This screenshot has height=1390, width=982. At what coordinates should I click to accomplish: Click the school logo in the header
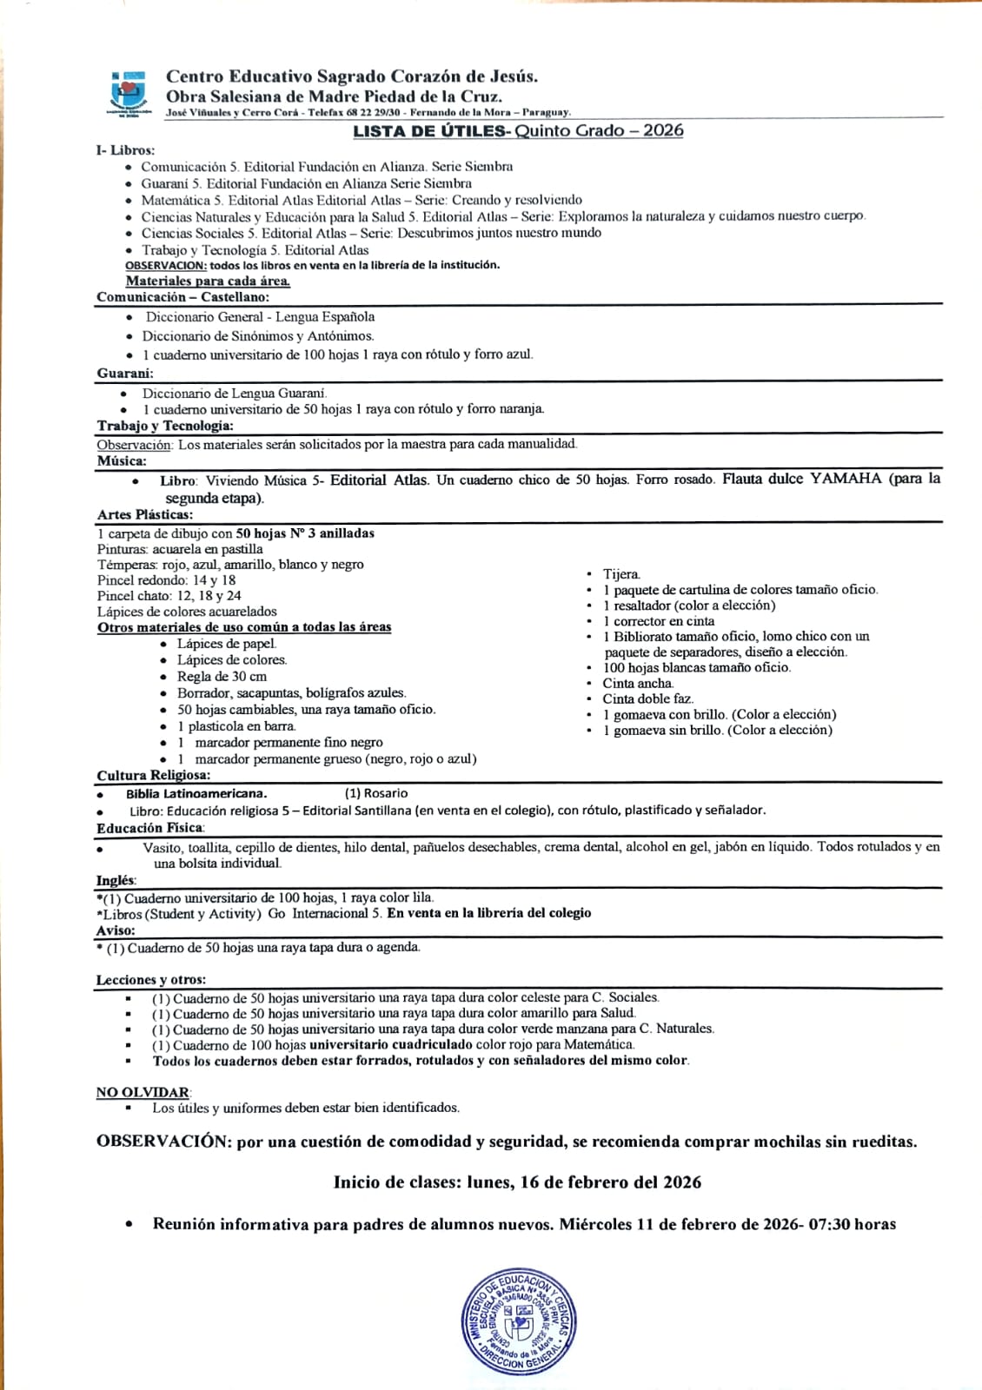pos(129,93)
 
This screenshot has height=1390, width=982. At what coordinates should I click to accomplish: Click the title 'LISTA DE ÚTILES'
pos(429,131)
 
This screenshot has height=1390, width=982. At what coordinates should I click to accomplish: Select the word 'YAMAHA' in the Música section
pos(846,479)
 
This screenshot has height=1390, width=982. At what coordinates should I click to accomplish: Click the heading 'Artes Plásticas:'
pos(145,515)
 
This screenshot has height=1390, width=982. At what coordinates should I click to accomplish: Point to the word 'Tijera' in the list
pos(621,574)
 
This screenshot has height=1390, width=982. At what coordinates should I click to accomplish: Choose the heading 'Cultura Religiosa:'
pos(153,775)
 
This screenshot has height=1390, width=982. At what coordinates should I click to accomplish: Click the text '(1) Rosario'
pos(376,793)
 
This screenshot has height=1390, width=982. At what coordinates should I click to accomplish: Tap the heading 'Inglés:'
pos(116,880)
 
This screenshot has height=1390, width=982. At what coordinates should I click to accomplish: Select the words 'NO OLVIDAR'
pos(143,1092)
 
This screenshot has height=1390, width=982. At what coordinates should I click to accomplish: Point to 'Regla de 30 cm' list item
pos(222,677)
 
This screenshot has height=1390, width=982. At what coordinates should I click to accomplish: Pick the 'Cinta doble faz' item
pos(647,698)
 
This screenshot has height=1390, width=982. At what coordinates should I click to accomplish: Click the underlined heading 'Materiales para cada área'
pos(208,281)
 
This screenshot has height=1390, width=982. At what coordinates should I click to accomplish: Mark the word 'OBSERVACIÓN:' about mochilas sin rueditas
pos(161,1142)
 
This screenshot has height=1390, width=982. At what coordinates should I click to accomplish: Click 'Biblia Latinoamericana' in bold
pos(196,793)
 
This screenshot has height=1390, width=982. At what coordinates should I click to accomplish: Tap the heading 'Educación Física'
pos(149,828)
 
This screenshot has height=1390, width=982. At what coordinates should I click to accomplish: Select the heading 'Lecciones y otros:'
pos(150,980)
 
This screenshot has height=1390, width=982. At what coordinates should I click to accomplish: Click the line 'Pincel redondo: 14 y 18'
pos(166,580)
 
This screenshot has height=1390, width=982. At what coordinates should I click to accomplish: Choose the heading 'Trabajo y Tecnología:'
pos(165,426)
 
